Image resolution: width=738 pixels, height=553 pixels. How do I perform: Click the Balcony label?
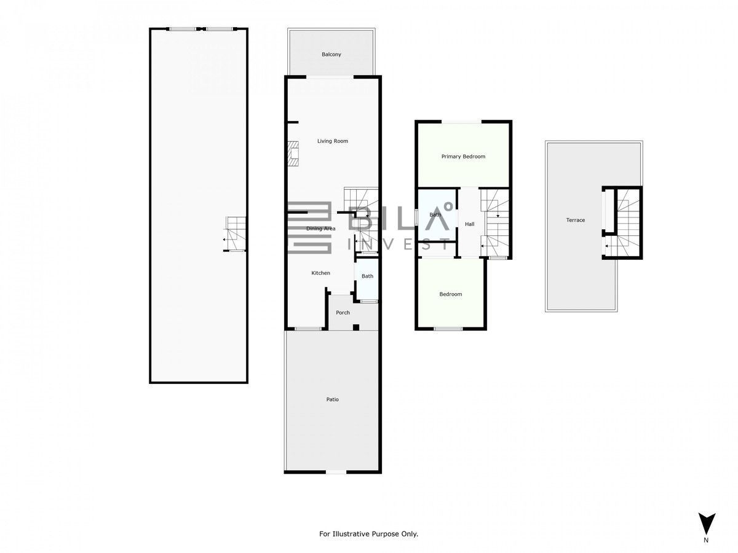pos(331,55)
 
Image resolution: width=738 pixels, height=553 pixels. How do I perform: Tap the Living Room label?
pos(333,141)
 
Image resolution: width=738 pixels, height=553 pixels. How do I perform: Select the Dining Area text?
pos(321,229)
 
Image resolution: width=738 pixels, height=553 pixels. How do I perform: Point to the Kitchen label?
pos(320,273)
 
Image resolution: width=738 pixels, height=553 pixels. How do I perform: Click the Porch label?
pos(343,313)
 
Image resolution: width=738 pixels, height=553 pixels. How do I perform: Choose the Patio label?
pos(333,399)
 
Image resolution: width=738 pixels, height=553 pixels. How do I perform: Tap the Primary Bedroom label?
pos(463,157)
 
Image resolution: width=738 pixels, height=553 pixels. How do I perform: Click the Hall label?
pos(469,224)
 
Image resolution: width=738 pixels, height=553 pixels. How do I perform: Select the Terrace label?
pos(575,220)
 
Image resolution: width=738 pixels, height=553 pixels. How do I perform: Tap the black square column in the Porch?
pos(355,327)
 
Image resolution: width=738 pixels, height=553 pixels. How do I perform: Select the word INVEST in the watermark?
pos(399,244)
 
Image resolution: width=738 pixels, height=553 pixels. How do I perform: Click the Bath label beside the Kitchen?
pos(367,276)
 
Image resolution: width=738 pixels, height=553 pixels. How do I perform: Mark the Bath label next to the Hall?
pos(435,214)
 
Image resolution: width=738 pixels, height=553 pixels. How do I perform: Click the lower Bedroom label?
pos(451,294)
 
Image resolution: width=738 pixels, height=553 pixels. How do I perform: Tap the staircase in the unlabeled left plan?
pos(235,234)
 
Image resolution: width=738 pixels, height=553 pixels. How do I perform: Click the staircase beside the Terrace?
pos(627,222)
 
